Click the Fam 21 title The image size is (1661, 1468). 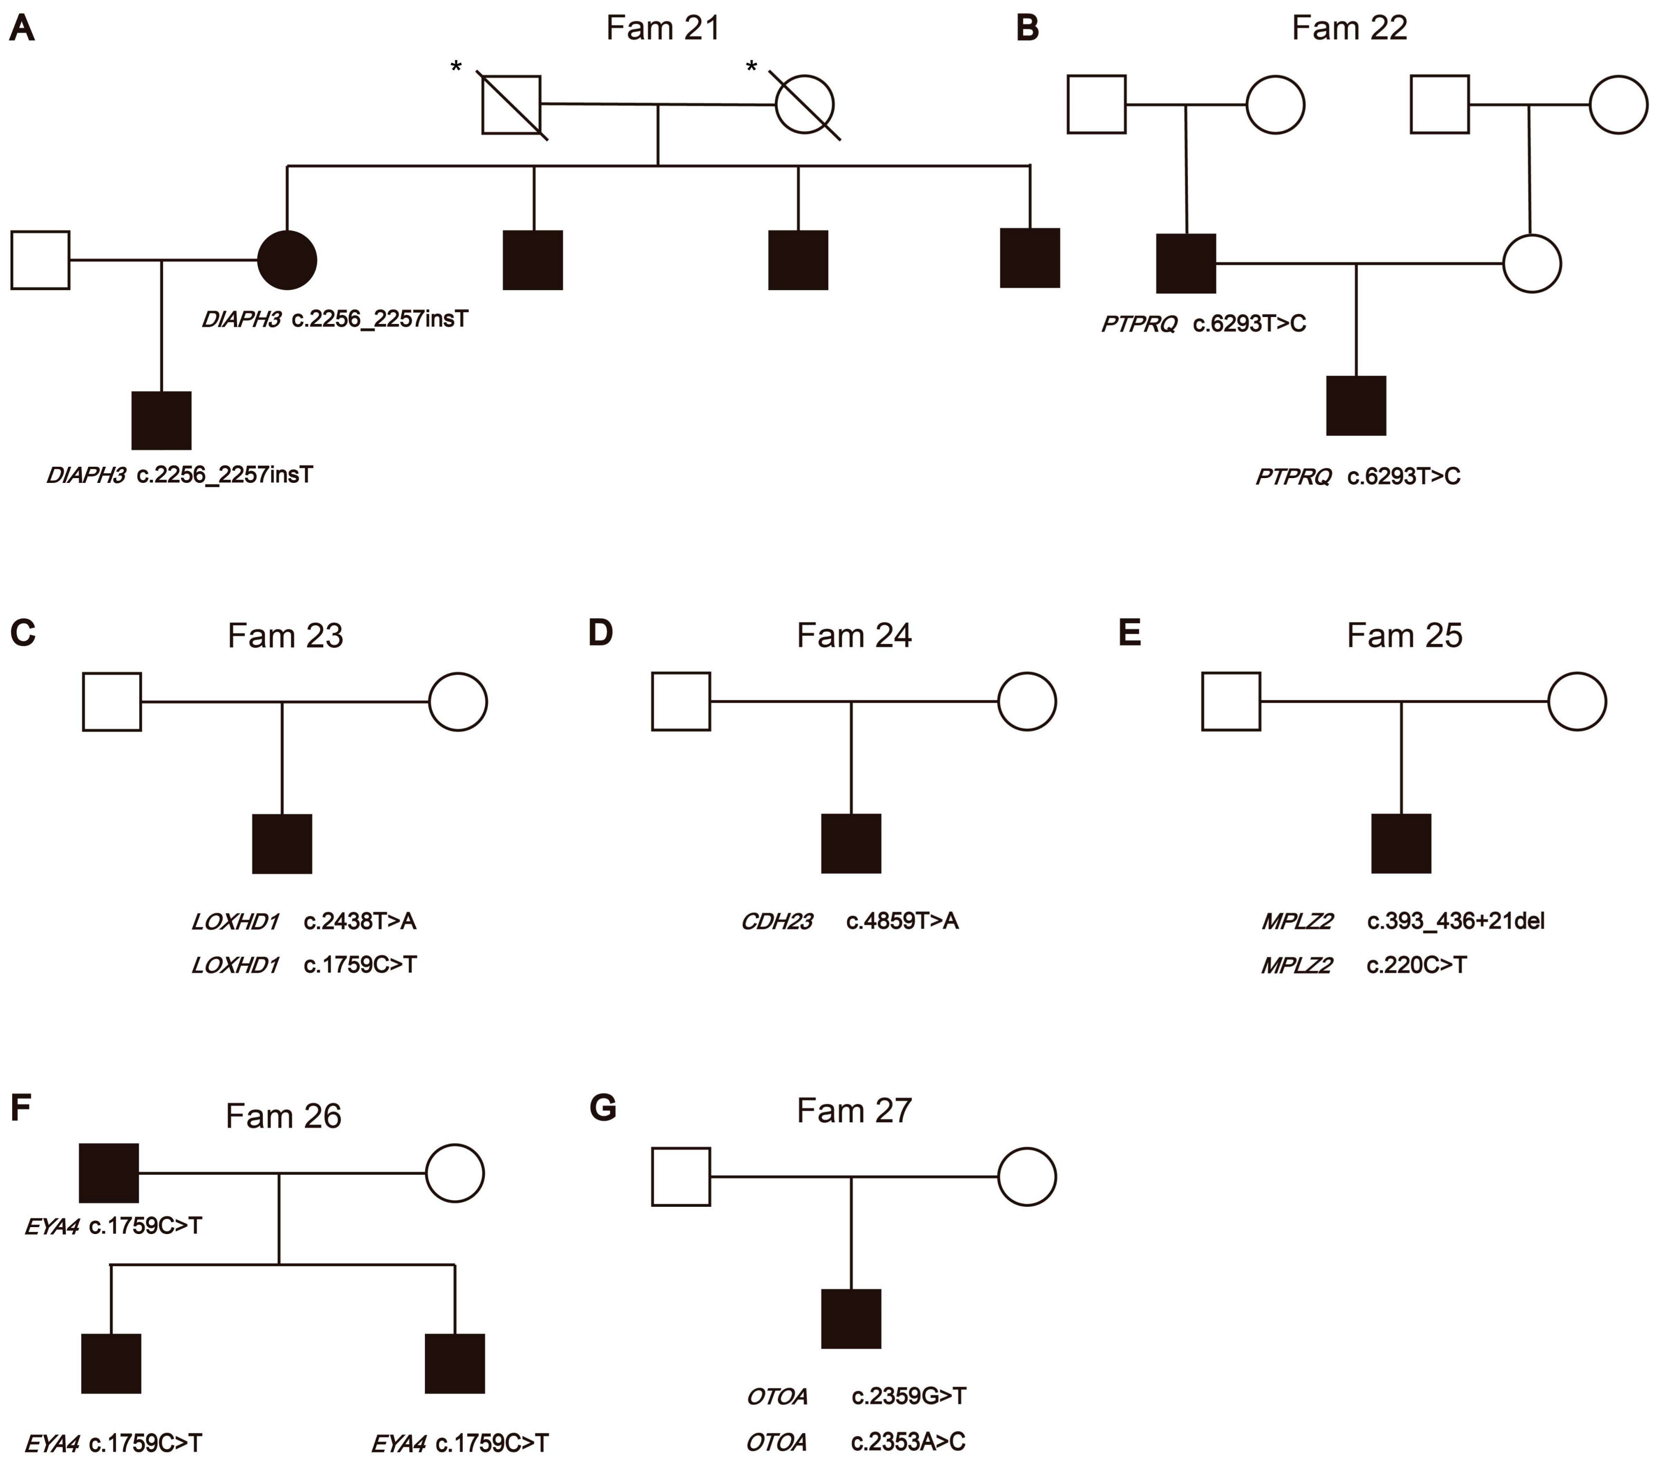pos(663,28)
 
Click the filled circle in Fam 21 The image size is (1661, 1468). pos(287,260)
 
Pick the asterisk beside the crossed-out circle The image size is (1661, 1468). pos(752,66)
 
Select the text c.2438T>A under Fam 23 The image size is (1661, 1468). pos(360,921)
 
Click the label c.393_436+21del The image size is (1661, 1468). pos(1456,921)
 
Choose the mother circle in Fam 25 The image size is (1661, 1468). pos(1576,701)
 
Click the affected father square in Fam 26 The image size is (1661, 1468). pos(109,1173)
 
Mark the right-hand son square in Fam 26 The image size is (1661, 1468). pos(455,1363)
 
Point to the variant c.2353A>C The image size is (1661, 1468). pos(908,1441)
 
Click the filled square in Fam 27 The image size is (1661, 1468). pos(851,1319)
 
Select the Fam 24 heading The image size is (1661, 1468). pos(854,635)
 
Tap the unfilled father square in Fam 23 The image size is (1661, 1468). pos(112,701)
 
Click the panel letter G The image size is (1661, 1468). pos(602,1108)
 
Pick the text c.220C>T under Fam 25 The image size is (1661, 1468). pos(1416,965)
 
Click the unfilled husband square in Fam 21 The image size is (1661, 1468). pos(41,260)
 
